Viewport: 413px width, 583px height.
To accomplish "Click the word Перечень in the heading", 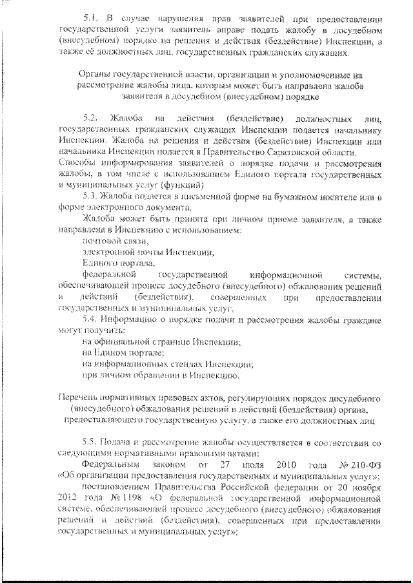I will click(79, 398).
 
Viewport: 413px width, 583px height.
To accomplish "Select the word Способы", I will click(76, 161).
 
